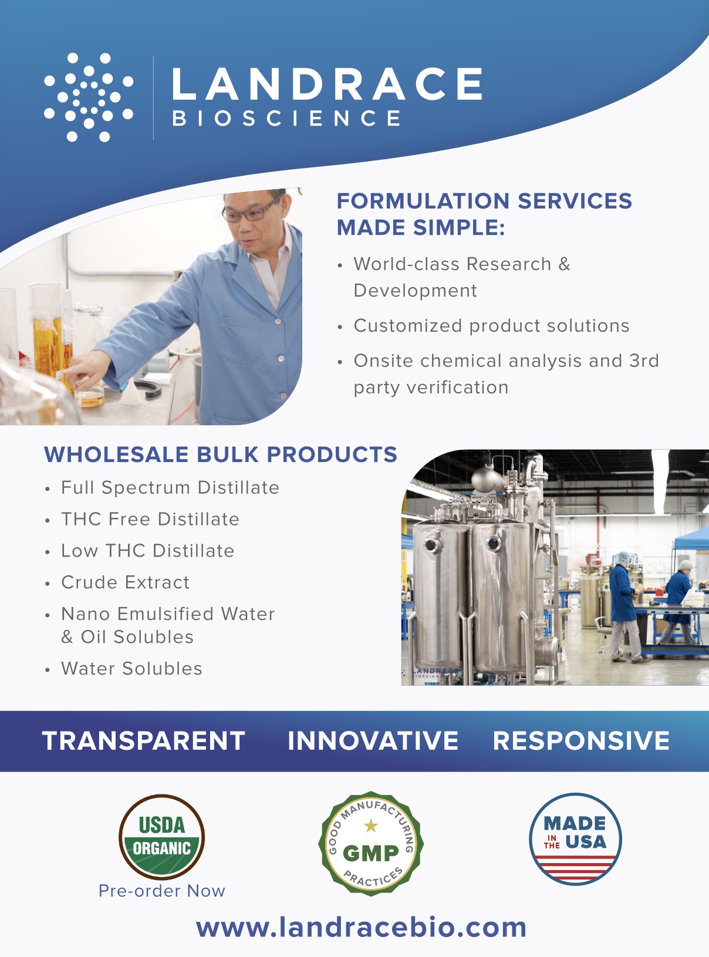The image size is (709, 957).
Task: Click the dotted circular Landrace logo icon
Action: pyautogui.click(x=89, y=97)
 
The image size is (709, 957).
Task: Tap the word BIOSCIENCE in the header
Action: pyautogui.click(x=287, y=118)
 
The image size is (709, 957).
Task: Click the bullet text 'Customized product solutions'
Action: pyautogui.click(x=491, y=326)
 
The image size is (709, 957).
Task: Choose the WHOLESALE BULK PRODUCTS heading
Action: pyautogui.click(x=221, y=454)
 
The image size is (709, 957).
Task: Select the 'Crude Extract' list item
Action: pyautogui.click(x=125, y=582)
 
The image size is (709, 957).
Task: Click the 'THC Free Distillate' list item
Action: pyautogui.click(x=150, y=519)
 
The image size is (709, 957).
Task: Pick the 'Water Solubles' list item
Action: pyautogui.click(x=131, y=668)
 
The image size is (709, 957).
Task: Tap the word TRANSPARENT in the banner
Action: pyautogui.click(x=144, y=741)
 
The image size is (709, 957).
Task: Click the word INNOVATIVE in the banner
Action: pyautogui.click(x=373, y=741)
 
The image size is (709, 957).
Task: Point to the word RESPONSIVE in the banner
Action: pyautogui.click(x=581, y=741)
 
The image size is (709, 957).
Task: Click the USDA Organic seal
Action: pyautogui.click(x=161, y=837)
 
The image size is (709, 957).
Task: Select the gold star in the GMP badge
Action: pyautogui.click(x=371, y=826)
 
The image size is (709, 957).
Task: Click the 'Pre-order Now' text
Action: pyautogui.click(x=162, y=891)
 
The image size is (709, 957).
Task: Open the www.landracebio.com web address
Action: pyautogui.click(x=361, y=927)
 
